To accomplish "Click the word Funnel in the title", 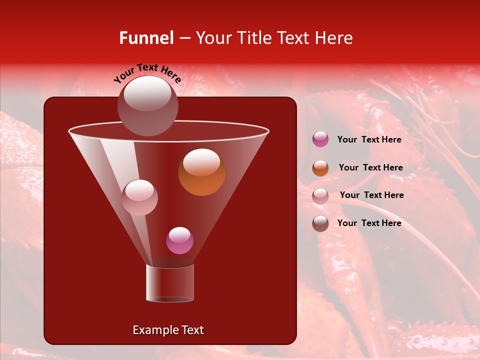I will tap(146, 38).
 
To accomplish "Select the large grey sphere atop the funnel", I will tap(147, 105).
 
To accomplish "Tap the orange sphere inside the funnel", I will tap(201, 172).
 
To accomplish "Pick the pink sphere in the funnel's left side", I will tap(139, 197).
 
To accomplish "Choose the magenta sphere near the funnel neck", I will tap(179, 240).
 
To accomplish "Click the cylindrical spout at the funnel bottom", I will tap(170, 283).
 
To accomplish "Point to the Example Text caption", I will tap(168, 330).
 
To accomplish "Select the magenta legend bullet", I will tap(320, 139).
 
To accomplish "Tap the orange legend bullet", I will tap(320, 168).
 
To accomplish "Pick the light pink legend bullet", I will tap(320, 195).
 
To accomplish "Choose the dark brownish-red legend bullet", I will tap(320, 223).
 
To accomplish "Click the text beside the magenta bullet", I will tap(369, 139).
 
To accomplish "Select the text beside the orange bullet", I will tap(370, 167).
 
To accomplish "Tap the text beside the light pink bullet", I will tap(371, 195).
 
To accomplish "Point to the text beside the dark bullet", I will tap(369, 223).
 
